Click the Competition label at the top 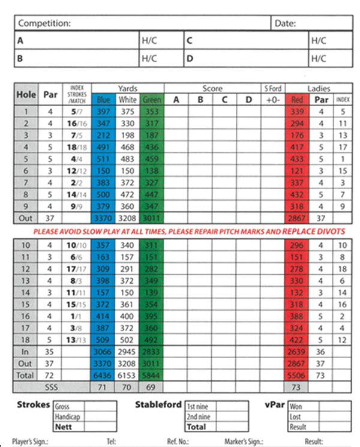(44, 23)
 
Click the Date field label (285, 23)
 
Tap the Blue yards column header (103, 100)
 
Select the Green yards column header (151, 100)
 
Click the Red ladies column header (297, 100)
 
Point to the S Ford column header (272, 89)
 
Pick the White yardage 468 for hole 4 (127, 148)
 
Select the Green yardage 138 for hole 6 (151, 171)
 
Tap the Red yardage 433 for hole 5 (297, 160)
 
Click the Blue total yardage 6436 (103, 374)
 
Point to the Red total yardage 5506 (297, 374)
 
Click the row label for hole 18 (25, 340)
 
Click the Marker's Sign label (244, 442)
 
